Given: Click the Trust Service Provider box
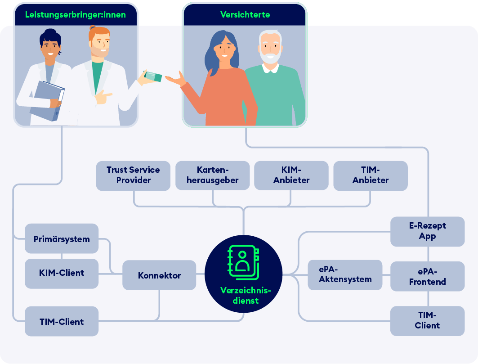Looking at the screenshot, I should pyautogui.click(x=133, y=175).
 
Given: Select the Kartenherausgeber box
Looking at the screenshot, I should pyautogui.click(x=213, y=175).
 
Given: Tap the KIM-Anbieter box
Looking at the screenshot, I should pyautogui.click(x=291, y=175).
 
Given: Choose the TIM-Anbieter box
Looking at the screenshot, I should pyautogui.click(x=371, y=175).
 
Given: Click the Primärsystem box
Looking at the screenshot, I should pyautogui.click(x=62, y=238).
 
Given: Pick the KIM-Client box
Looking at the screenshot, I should pyautogui.click(x=62, y=273).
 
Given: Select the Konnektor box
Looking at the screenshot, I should pyautogui.click(x=159, y=275).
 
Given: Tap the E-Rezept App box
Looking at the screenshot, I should pyautogui.click(x=427, y=231).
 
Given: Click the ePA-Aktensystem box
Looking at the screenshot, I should pyautogui.click(x=345, y=274).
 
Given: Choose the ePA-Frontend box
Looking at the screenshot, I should pyautogui.click(x=427, y=276).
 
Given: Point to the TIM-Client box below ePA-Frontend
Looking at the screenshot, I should pyautogui.click(x=427, y=320).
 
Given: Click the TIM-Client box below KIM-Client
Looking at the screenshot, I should pyautogui.click(x=62, y=321).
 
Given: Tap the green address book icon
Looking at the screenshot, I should pyautogui.click(x=243, y=263).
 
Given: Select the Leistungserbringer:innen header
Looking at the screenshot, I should pyautogui.click(x=76, y=15).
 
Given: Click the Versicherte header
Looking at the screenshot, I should pyautogui.click(x=245, y=15).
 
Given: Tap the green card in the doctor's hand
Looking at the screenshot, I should pyautogui.click(x=153, y=76).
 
